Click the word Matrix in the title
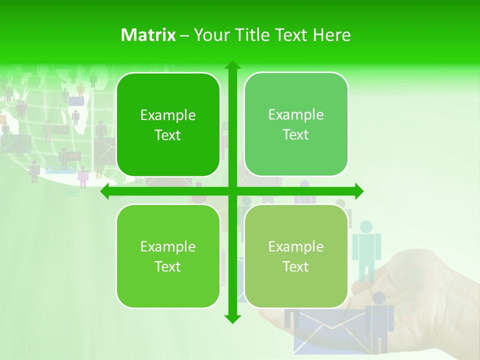point(148,35)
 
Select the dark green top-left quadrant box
point(168,125)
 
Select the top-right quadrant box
point(296,124)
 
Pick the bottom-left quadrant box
point(168,256)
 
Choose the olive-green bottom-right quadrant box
point(296,256)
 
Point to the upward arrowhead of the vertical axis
point(232,64)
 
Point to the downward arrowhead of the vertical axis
point(232,318)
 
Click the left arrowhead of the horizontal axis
point(105,191)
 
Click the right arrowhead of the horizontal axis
point(359,191)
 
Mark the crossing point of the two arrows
point(232,191)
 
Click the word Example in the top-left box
point(168,115)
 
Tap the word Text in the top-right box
point(296,135)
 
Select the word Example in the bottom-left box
point(168,247)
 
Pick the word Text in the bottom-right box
point(296,266)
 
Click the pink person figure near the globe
point(83,176)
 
